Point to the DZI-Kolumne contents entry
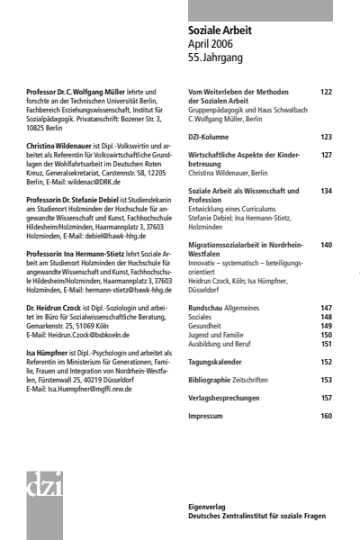coord(209,137)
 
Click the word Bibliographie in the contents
coord(211,380)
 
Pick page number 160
coord(326,416)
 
